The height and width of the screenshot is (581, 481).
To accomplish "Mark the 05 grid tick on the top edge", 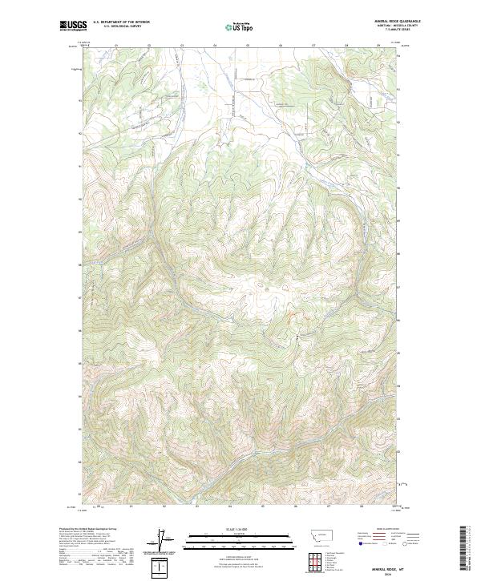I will pyautogui.click(x=248, y=46).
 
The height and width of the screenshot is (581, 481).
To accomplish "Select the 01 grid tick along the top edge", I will pyautogui.click(x=116, y=46).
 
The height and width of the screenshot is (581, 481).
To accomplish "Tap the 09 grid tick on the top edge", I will pyautogui.click(x=378, y=46).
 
